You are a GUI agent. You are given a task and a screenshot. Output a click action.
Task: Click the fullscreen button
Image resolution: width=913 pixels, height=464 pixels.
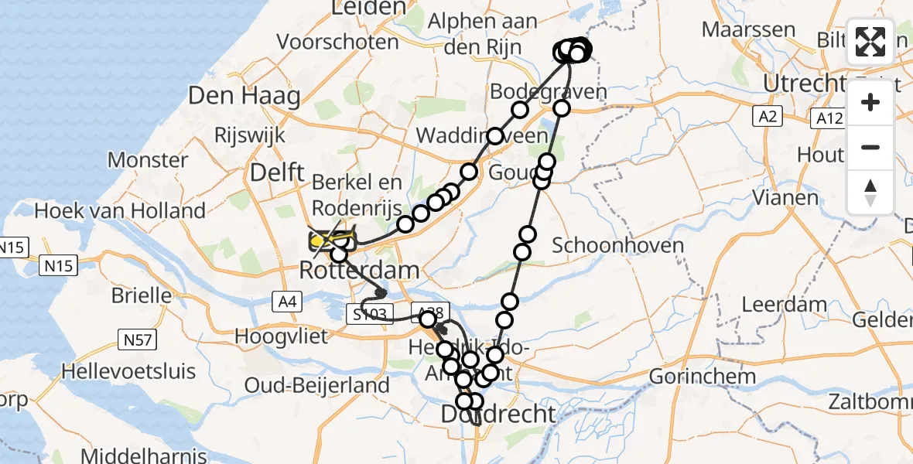point(870,41)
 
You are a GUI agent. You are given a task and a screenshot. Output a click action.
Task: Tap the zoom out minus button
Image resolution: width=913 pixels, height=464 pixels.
point(870,147)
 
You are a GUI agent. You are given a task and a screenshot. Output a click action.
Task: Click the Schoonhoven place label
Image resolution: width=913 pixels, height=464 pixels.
point(619,246)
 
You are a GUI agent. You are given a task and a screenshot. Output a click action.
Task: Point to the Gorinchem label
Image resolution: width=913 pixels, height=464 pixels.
point(703,377)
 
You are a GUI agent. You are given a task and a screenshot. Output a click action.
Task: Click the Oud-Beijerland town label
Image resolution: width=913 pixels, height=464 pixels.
point(316,384)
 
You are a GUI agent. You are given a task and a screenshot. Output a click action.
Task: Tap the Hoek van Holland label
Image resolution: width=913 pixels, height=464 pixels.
point(120,210)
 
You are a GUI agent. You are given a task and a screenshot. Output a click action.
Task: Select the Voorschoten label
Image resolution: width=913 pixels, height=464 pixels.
point(338,41)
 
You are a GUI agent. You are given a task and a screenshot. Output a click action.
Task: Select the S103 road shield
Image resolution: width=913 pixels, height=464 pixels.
point(368,315)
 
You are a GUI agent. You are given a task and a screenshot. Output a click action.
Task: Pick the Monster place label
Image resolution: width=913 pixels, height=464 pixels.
point(148,160)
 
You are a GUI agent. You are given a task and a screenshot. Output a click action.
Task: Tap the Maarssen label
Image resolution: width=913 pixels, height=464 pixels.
point(747,30)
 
